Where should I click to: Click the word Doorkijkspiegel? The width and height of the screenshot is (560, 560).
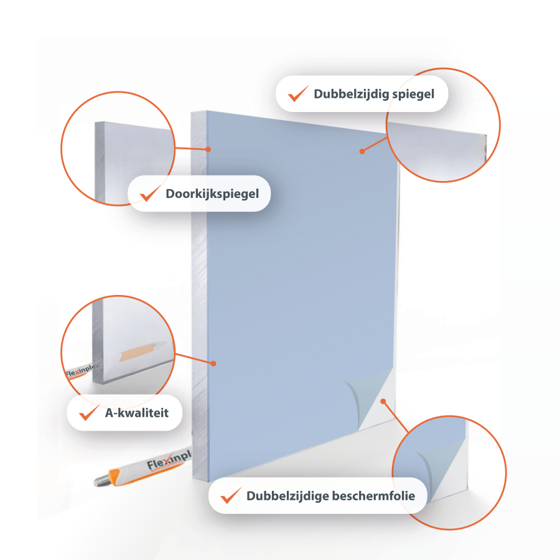(212, 194)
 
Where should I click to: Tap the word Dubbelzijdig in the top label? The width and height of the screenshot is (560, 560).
(352, 94)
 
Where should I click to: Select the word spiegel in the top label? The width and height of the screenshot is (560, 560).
(414, 95)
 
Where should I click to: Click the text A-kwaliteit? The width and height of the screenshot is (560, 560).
(137, 413)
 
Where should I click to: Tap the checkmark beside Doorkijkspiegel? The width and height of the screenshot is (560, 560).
(149, 193)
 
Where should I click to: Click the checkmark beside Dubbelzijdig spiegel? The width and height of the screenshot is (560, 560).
(298, 93)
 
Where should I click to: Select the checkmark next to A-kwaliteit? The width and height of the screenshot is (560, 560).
(89, 412)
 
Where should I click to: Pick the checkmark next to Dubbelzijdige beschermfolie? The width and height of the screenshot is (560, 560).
(231, 495)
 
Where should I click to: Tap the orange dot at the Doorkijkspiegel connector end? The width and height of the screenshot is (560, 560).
(208, 149)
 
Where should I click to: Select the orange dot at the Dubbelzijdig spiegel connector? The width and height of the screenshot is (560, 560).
(362, 151)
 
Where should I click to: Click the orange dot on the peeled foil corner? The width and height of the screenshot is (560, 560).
(383, 401)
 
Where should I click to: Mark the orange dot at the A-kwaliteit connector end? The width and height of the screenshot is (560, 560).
(213, 363)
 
